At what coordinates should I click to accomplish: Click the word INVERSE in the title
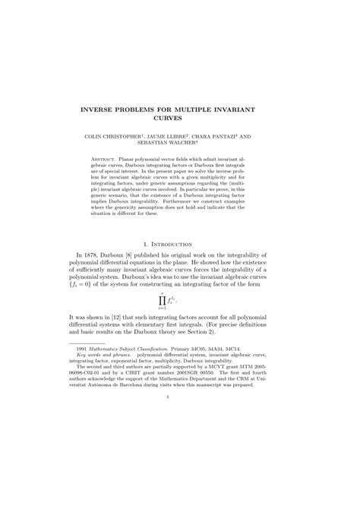click(104, 111)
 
